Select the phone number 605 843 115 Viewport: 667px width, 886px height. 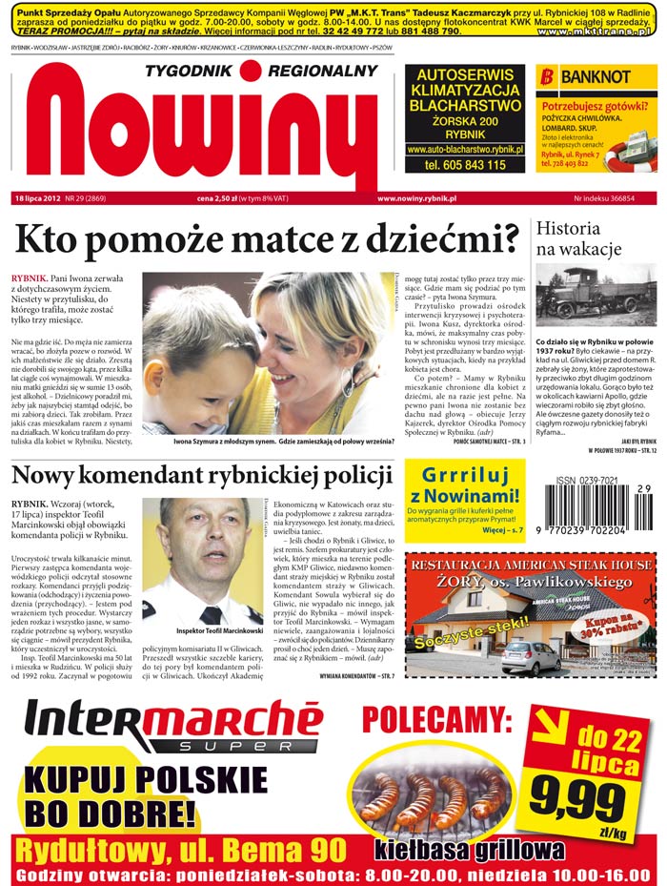coord(464,165)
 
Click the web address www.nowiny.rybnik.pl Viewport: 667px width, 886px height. coord(416,198)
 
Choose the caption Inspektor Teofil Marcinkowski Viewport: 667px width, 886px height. coord(220,631)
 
